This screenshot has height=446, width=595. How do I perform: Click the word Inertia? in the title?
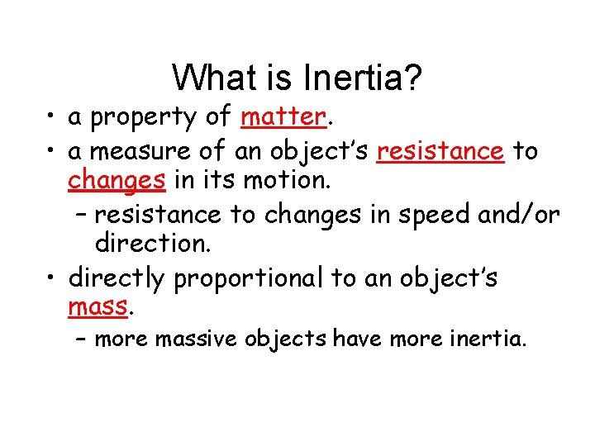pyautogui.click(x=363, y=78)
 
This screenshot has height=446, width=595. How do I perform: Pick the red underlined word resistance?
pyautogui.click(x=440, y=152)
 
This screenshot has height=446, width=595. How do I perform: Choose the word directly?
pyautogui.click(x=117, y=278)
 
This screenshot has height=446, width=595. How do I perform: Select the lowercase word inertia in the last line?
pyautogui.click(x=486, y=339)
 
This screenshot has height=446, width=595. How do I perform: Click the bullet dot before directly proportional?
pyautogui.click(x=51, y=278)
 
